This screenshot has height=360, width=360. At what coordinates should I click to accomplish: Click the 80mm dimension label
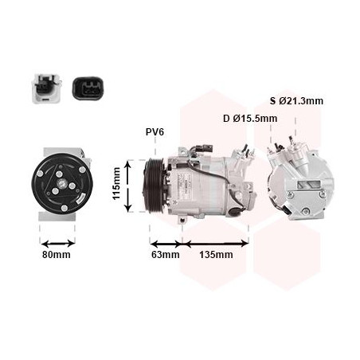[x=57, y=255]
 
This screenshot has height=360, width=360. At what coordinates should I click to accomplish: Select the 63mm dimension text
[x=166, y=255]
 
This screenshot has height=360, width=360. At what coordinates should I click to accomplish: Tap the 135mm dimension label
[x=216, y=255]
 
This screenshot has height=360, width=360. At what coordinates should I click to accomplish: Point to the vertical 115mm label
[x=116, y=183]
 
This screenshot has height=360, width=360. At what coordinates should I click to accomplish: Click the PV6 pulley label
[x=155, y=132]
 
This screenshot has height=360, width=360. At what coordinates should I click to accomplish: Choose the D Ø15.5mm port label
[x=250, y=119]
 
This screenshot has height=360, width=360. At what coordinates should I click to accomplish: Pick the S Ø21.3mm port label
[x=296, y=101]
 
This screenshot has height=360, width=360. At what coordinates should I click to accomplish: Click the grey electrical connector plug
[x=47, y=88]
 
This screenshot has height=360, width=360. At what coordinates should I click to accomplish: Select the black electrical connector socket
[x=88, y=88]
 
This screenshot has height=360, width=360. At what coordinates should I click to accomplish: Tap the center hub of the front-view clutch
[x=62, y=184]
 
